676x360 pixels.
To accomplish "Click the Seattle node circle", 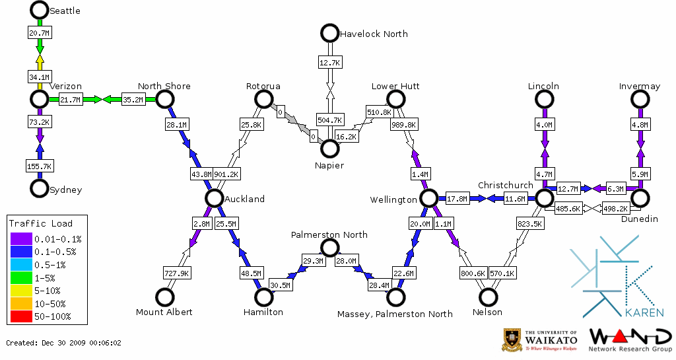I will pyautogui.click(x=39, y=10).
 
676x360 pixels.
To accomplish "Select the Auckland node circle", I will pyautogui.click(x=213, y=198).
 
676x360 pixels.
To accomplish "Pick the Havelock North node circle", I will pyautogui.click(x=329, y=33).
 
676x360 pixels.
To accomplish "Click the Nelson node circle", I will pyautogui.click(x=488, y=297).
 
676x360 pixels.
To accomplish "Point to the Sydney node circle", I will pyautogui.click(x=39, y=189).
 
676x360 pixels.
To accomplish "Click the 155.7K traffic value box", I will pyautogui.click(x=39, y=166).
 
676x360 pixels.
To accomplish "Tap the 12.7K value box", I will pyautogui.click(x=329, y=63).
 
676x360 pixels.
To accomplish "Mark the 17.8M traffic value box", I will pyautogui.click(x=457, y=198).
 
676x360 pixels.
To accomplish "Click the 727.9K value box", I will pyautogui.click(x=177, y=273).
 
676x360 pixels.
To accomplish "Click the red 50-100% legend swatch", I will pyautogui.click(x=21, y=316).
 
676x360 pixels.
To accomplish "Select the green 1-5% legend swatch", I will pyautogui.click(x=21, y=279).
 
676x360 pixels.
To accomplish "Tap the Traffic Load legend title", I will pyautogui.click(x=41, y=223).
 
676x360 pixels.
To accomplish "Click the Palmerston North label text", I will pyautogui.click(x=329, y=234).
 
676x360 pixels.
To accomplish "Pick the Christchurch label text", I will pyautogui.click(x=505, y=185).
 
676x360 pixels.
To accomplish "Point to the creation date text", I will pyautogui.click(x=64, y=343).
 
